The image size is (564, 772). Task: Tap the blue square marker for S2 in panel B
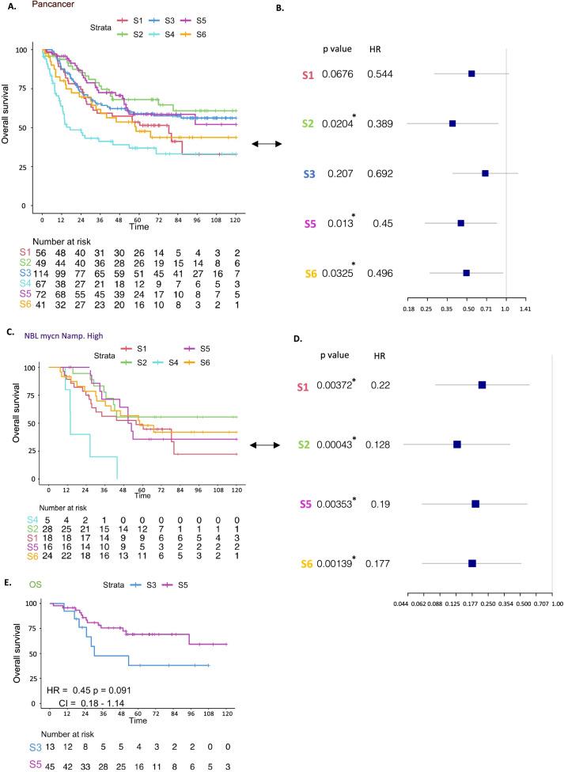pyautogui.click(x=452, y=123)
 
